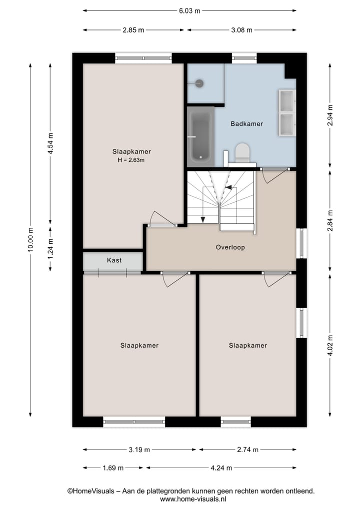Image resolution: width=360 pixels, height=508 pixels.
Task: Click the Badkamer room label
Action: point(246,124)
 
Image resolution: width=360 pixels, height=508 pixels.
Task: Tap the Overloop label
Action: point(230,247)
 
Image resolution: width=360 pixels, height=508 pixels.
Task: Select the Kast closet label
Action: point(114,260)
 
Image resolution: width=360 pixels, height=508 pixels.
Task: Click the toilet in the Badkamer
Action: point(242,152)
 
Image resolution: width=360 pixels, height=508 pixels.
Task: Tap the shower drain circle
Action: point(199,83)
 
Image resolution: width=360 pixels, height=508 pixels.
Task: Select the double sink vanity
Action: point(286,113)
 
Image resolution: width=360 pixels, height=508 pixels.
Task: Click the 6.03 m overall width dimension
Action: point(190,10)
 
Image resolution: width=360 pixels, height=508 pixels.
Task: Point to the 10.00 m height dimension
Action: point(30,240)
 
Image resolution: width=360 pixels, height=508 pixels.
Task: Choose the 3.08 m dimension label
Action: point(242,30)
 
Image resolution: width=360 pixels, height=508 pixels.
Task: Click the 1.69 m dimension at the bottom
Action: point(113,468)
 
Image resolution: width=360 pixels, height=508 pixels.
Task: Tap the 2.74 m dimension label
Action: point(247,450)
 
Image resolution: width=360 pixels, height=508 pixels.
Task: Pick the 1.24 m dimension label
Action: point(50,248)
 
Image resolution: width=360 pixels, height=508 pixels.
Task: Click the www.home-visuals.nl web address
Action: point(193,499)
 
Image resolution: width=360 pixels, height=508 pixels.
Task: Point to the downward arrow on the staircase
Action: point(203,218)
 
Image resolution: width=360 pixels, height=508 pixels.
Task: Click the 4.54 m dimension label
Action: point(50,145)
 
